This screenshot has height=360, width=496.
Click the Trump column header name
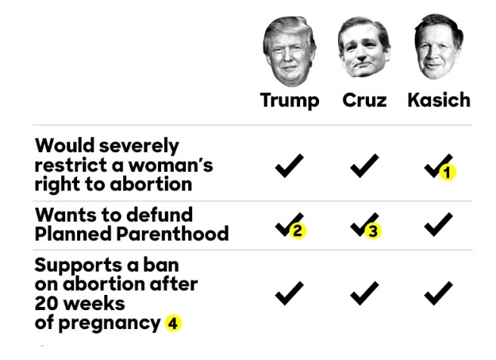click(290, 100)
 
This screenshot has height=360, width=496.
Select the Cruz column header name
click(364, 100)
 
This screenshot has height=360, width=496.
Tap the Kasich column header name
click(439, 100)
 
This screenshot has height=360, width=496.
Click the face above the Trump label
click(290, 51)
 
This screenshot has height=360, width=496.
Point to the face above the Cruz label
click(364, 50)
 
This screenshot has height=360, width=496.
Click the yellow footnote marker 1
click(447, 172)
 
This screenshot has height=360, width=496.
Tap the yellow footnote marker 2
click(297, 231)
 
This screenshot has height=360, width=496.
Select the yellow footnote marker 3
click(371, 231)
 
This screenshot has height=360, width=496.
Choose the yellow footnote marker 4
click(174, 323)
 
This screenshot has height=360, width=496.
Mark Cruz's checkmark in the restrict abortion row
click(364, 165)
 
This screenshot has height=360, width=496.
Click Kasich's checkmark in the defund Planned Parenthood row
click(439, 224)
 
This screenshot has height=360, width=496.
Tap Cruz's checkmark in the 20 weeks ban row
click(364, 292)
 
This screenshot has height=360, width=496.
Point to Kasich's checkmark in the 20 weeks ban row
click(439, 292)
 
